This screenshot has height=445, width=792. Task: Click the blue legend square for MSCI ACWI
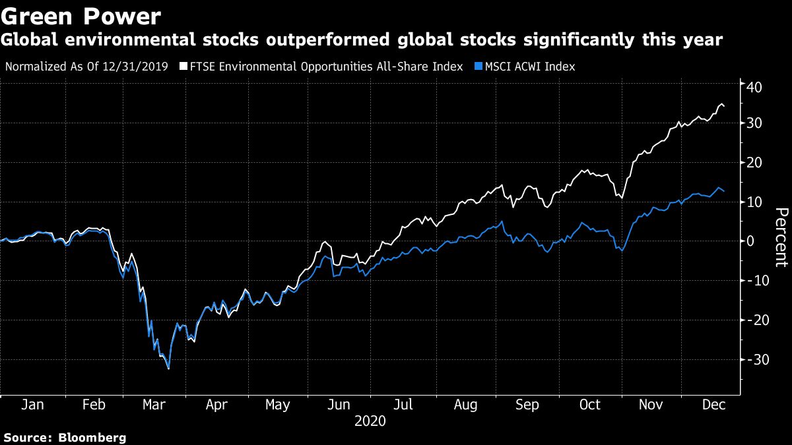point(478,67)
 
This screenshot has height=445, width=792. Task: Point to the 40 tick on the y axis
point(755,86)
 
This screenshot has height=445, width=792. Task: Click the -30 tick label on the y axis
point(753,360)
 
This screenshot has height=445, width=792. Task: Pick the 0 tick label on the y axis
point(752,241)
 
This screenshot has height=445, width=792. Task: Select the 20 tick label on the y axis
point(755,163)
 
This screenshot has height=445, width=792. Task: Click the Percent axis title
point(781,237)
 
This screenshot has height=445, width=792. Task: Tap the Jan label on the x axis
point(32,405)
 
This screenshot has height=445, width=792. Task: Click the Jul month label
point(402,405)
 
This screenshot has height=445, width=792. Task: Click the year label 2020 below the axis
point(370,421)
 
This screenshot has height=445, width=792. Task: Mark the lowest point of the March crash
point(169,369)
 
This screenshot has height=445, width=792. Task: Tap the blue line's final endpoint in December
point(725,191)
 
